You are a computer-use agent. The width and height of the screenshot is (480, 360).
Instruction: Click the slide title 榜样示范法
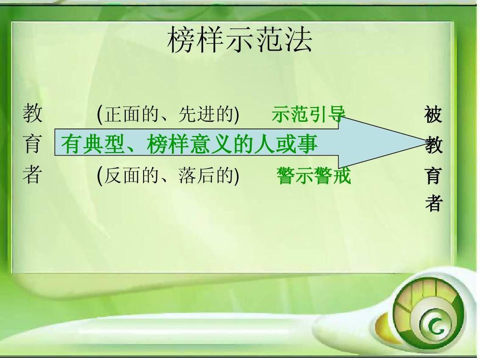pyautogui.click(x=240, y=40)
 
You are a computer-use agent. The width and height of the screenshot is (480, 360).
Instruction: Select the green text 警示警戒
pyautogui.click(x=313, y=176)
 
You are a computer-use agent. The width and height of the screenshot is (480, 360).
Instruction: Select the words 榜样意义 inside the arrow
pyautogui.click(x=188, y=144)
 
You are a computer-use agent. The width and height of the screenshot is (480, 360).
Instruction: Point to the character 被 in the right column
pyautogui.click(x=433, y=115)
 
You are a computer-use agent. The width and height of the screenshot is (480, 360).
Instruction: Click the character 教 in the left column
pyautogui.click(x=32, y=113)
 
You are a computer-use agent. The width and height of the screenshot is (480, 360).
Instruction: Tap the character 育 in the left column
pyautogui.click(x=32, y=144)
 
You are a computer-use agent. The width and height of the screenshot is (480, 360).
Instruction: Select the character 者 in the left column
pyautogui.click(x=32, y=175)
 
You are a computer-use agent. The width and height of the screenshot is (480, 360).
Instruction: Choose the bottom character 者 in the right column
pyautogui.click(x=433, y=203)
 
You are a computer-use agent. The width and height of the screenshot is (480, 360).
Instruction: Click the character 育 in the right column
pyautogui.click(x=433, y=175)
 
